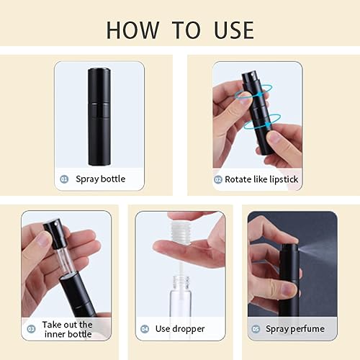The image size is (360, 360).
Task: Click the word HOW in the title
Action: (135, 30)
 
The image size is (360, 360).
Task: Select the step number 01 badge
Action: (65, 179)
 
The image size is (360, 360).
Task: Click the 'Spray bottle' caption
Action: (100, 179)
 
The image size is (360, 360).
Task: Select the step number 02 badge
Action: (218, 179)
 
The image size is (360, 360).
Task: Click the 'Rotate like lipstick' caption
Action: (261, 179)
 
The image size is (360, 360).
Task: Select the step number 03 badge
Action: (31, 328)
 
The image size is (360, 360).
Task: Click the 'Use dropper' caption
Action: (180, 329)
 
